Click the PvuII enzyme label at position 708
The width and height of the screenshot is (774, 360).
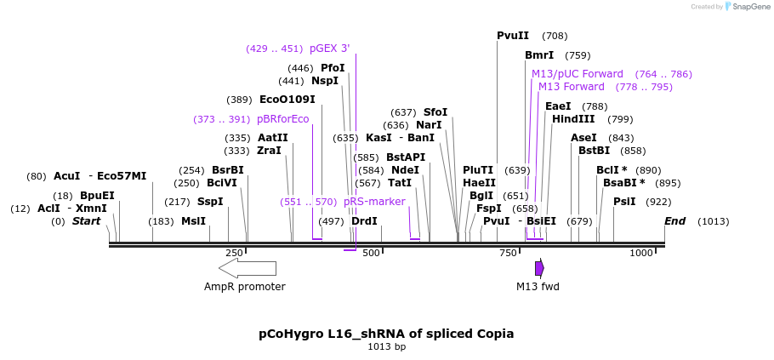(513, 36)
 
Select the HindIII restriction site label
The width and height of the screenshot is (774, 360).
(573, 119)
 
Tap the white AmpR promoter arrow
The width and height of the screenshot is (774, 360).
(248, 268)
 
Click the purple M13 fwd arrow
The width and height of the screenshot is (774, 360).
(539, 268)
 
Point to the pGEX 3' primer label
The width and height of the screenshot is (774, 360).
(329, 49)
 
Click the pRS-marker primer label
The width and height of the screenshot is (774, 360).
(374, 202)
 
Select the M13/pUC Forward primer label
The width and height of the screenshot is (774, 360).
(577, 74)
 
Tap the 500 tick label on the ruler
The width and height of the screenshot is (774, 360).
(371, 253)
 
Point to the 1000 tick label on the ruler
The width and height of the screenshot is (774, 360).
(640, 253)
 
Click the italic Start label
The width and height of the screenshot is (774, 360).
(86, 221)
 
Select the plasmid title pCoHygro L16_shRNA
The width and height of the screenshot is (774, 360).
(386, 334)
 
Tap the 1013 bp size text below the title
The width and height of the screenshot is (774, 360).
(386, 347)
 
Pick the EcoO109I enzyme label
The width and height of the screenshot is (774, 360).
(287, 100)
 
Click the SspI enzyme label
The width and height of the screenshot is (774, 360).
(210, 202)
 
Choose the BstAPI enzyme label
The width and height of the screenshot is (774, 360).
(405, 157)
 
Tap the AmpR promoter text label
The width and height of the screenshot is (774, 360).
(244, 287)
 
